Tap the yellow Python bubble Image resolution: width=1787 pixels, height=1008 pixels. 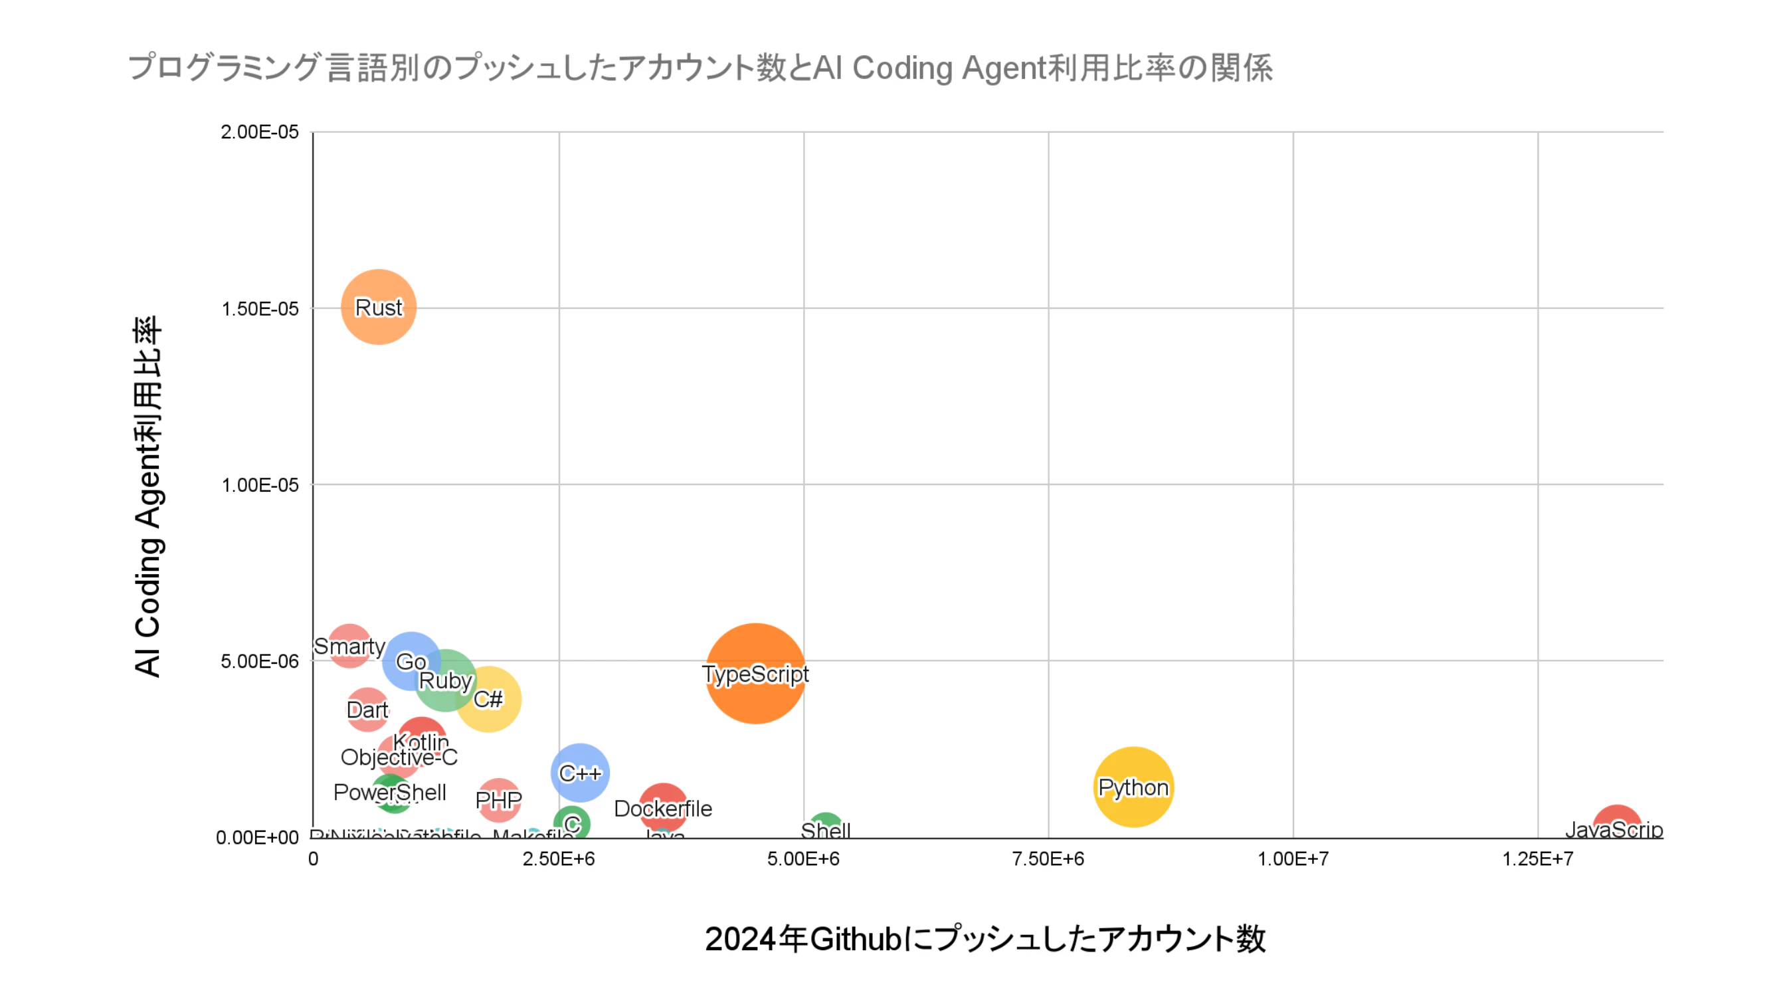coord(1133,787)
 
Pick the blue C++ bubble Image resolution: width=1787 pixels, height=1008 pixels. coord(580,772)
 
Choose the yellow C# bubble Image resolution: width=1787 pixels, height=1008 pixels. coord(488,698)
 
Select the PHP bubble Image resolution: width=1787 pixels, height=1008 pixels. coord(498,800)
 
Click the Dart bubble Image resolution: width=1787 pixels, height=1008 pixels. coord(367,710)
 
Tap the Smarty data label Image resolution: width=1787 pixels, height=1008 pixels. coord(349,646)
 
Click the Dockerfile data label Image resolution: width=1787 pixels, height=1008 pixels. coord(662,808)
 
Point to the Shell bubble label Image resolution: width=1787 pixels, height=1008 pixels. coord(825,830)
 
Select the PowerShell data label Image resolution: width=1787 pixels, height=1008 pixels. coord(389,791)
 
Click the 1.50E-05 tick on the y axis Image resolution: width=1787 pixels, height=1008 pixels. coord(260,309)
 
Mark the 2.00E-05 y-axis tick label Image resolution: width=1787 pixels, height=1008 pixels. coord(260,132)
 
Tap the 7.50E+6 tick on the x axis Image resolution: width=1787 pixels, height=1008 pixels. coord(1048,859)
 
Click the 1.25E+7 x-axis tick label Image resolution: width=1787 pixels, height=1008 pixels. coord(1537,859)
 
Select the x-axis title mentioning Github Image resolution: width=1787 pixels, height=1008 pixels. coord(985,939)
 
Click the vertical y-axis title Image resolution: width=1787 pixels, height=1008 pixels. coord(147,496)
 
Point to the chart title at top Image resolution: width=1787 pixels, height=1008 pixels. coord(701,68)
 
